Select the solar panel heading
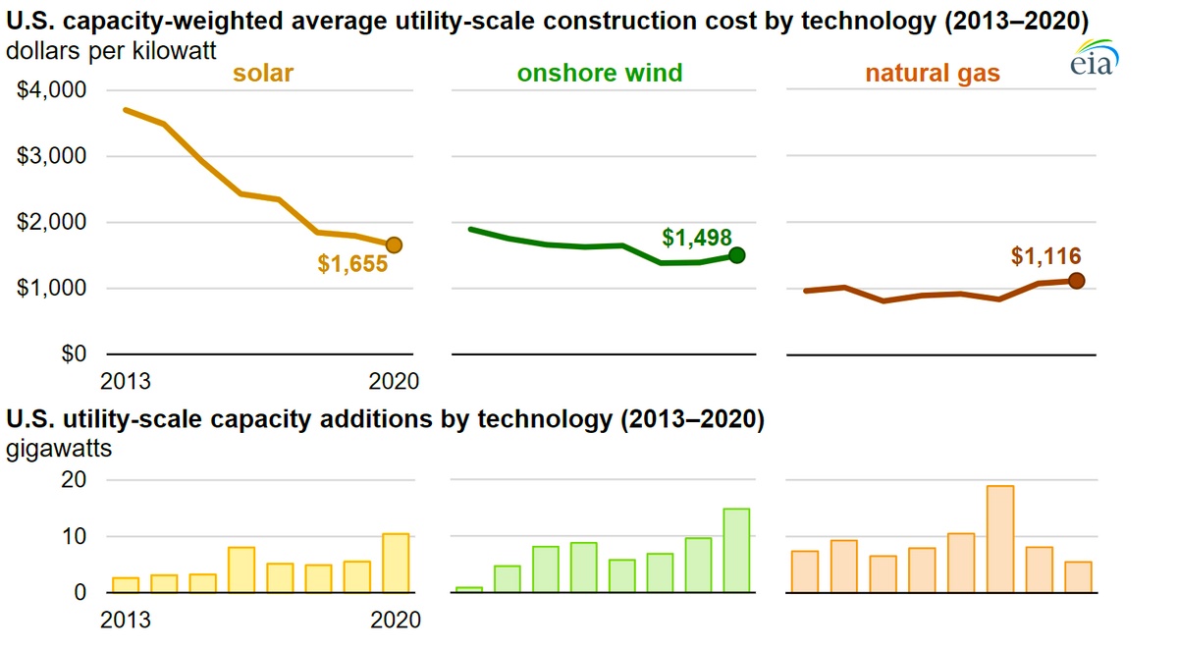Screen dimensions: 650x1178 click(263, 73)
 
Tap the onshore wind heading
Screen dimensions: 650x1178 click(600, 73)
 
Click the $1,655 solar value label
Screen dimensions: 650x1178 click(352, 264)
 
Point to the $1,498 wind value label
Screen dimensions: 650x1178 click(697, 238)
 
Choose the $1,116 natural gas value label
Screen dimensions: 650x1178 click(1045, 257)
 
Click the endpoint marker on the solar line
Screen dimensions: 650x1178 click(394, 244)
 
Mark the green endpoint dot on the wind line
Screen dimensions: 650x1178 click(736, 255)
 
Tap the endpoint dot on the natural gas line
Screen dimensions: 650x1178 click(1076, 281)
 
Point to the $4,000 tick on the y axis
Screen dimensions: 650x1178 click(52, 90)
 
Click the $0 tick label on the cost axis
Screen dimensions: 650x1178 click(74, 353)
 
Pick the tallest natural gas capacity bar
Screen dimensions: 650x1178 click(1000, 539)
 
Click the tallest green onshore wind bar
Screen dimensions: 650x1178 click(736, 550)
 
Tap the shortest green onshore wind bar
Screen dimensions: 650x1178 click(469, 589)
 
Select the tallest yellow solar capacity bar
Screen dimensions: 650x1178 click(396, 563)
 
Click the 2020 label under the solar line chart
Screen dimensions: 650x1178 click(394, 381)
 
